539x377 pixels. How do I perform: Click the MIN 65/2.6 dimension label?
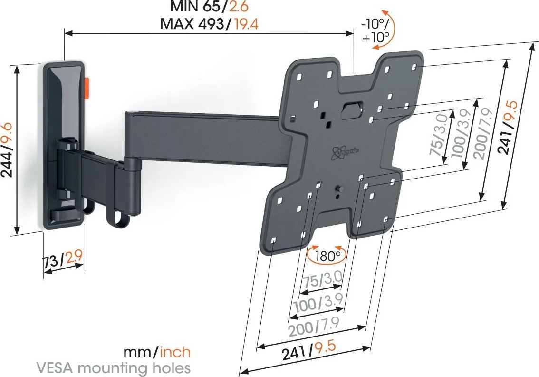point(209,7)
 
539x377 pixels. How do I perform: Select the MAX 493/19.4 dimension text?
point(209,24)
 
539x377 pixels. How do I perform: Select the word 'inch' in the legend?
point(175,352)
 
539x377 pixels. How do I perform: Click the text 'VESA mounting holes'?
point(114,367)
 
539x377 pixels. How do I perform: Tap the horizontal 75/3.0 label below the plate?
point(322,279)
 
